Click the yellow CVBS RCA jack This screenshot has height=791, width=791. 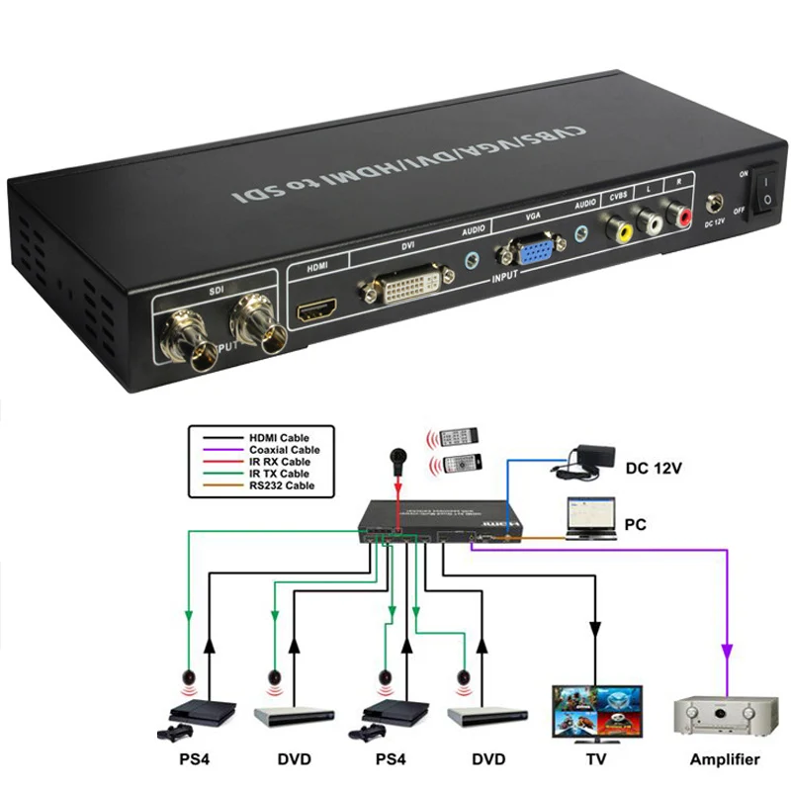pyautogui.click(x=621, y=229)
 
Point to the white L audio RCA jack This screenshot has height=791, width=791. pyautogui.click(x=652, y=220)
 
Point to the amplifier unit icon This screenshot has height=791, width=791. pyautogui.click(x=726, y=715)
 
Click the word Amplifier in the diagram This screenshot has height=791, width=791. pyautogui.click(x=725, y=760)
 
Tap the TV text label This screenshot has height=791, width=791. pyautogui.click(x=595, y=760)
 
